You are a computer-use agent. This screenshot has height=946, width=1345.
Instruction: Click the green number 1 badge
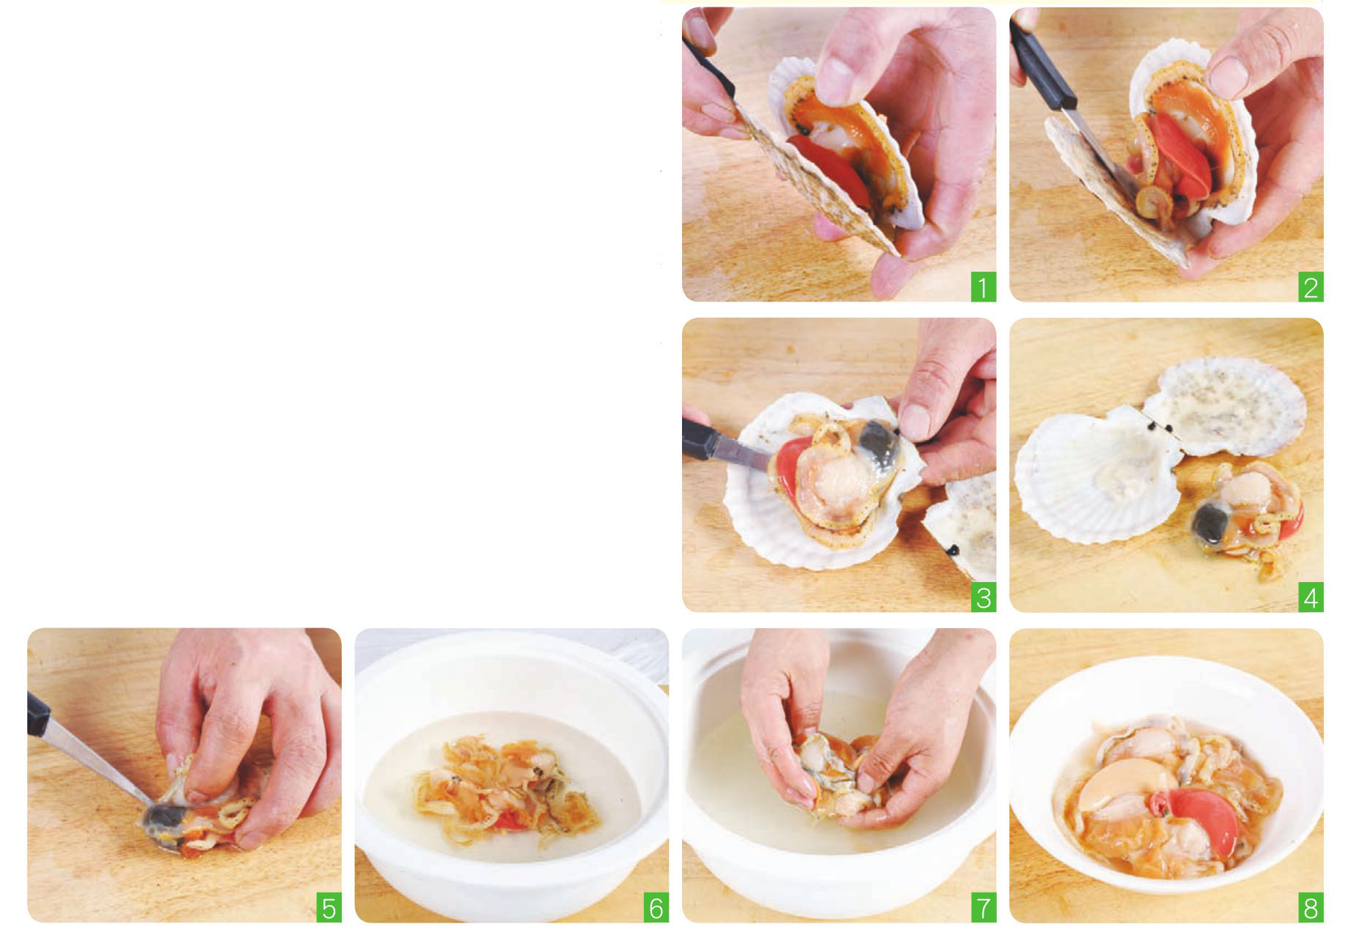(x=983, y=287)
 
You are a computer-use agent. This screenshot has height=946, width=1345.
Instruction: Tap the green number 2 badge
(x=1310, y=287)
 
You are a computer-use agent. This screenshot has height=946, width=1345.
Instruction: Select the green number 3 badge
(x=983, y=597)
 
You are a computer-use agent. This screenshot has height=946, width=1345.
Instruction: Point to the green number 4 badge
(x=1310, y=597)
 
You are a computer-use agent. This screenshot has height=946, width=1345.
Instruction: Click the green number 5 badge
(x=329, y=908)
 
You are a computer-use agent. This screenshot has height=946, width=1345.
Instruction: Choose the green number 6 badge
(x=656, y=908)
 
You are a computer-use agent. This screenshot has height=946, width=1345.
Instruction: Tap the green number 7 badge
(x=983, y=908)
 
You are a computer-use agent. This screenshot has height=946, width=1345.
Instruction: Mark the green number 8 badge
(x=1310, y=908)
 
